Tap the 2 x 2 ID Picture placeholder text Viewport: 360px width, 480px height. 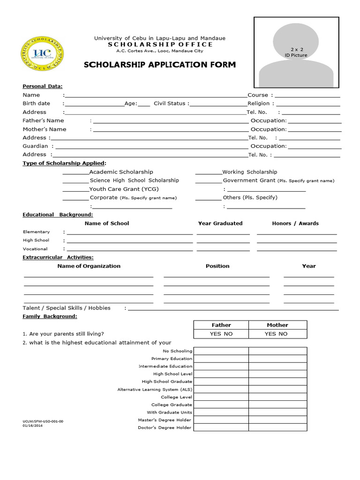(296, 52)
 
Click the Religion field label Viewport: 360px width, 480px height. (259, 103)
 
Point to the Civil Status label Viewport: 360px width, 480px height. (170, 103)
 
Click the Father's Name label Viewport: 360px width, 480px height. (44, 120)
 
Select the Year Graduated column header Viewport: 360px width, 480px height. (220, 223)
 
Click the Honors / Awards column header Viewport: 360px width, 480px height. (295, 223)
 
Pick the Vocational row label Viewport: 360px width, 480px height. (35, 249)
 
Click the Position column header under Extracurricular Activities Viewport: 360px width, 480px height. (217, 266)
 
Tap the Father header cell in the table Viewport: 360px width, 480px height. (221, 325)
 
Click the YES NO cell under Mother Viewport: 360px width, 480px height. (277, 334)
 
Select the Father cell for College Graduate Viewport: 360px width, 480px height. (221, 405)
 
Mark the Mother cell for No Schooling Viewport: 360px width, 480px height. (277, 351)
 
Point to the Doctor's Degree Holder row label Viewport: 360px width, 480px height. (165, 428)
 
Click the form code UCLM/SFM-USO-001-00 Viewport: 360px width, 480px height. (43, 421)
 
